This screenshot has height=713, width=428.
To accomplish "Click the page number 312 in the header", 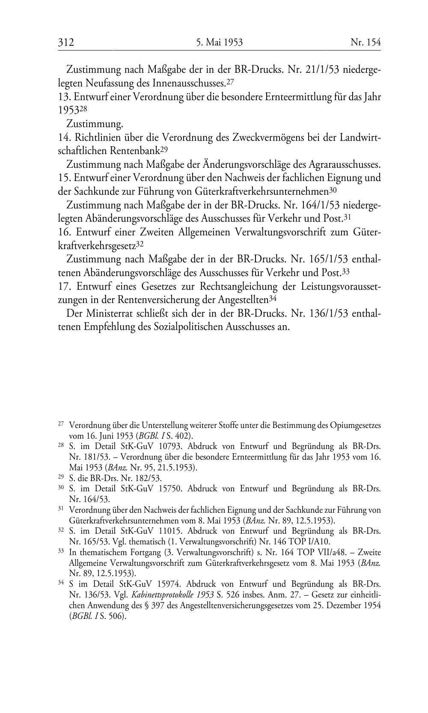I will (x=66, y=42).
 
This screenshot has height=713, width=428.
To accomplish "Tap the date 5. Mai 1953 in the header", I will (x=220, y=42).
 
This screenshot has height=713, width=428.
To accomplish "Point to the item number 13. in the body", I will (x=65, y=97).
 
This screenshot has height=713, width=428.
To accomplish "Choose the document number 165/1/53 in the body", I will (x=328, y=259).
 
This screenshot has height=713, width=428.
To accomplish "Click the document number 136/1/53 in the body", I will (x=328, y=313).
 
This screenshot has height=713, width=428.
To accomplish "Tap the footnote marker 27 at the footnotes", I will (x=61, y=424).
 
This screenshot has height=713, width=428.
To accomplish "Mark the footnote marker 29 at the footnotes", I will (x=61, y=476).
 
